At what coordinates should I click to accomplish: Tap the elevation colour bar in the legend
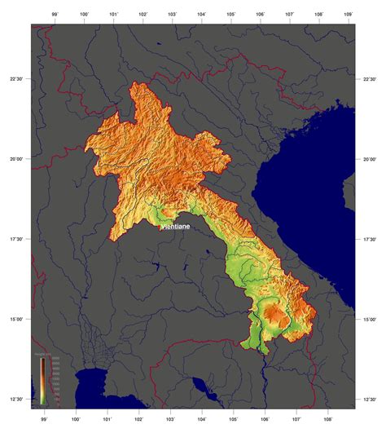(x=42, y=381)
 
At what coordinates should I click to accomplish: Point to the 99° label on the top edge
(x=55, y=15)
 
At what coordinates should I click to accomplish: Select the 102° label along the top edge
(x=143, y=15)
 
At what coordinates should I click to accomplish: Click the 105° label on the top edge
(x=231, y=15)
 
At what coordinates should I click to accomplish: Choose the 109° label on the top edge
(x=349, y=15)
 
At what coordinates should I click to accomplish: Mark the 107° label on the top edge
(x=290, y=15)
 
